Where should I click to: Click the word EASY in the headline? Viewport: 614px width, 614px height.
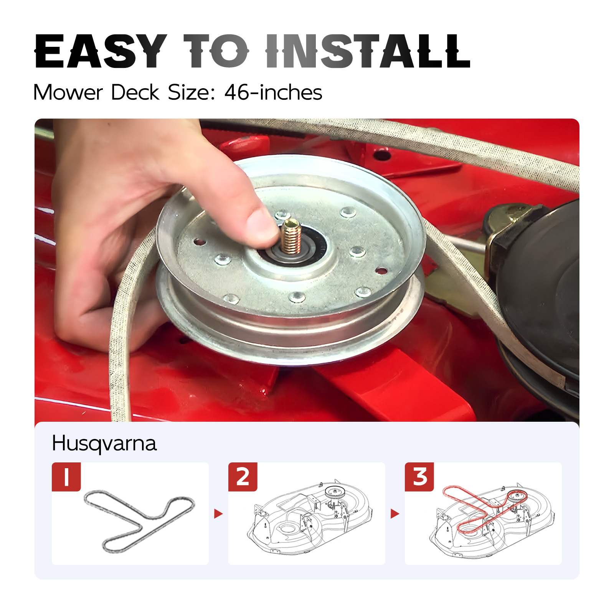click(101, 51)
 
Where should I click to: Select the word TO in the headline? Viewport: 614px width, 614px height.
click(216, 51)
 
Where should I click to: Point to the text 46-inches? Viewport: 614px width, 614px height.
click(273, 92)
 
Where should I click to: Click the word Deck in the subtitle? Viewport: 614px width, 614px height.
click(135, 92)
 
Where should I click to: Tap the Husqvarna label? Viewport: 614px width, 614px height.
click(104, 444)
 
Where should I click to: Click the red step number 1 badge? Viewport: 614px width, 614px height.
click(66, 477)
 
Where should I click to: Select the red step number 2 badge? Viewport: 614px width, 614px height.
click(243, 477)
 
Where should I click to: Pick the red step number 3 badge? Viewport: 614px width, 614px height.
click(419, 477)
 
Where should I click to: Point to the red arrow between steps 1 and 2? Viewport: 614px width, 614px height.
click(218, 513)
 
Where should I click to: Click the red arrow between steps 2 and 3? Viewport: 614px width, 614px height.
click(395, 513)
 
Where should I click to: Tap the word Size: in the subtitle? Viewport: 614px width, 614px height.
click(191, 92)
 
